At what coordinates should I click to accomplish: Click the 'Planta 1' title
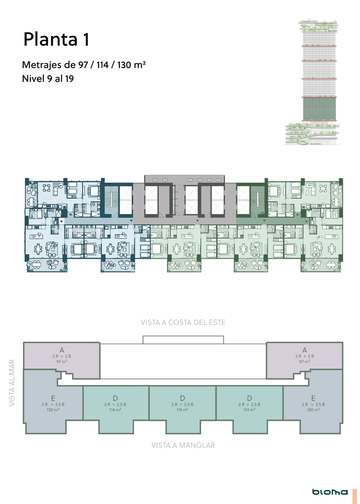tap(56, 39)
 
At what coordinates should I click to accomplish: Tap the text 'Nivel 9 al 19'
tap(48, 79)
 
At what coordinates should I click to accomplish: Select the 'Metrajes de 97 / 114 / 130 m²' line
tap(84, 65)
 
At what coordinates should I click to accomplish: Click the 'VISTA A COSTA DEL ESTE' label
tap(183, 323)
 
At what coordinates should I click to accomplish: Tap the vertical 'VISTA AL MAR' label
tap(12, 383)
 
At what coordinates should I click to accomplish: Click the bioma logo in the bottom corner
tap(330, 492)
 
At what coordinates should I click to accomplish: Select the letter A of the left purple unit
tap(62, 350)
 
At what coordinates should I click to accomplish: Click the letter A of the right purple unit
tap(305, 350)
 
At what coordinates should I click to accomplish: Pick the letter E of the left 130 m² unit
tap(53, 398)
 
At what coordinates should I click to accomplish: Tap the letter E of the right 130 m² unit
tap(313, 398)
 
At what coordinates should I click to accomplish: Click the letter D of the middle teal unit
tap(182, 398)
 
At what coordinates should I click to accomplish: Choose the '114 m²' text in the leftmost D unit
tap(115, 410)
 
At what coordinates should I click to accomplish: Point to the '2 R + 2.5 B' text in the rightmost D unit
tap(250, 404)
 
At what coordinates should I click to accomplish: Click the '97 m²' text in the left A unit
tap(62, 362)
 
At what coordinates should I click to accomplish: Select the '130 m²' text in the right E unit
tap(313, 410)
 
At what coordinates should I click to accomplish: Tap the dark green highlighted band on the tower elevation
tap(319, 109)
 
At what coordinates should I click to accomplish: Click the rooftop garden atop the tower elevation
tap(319, 26)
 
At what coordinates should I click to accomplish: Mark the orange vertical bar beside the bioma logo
tap(355, 496)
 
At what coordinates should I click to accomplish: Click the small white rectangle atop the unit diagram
tap(183, 340)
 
